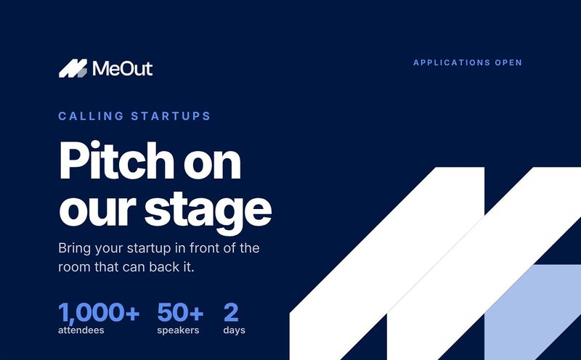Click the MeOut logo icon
pyautogui.click(x=73, y=68)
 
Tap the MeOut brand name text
pyautogui.click(x=123, y=68)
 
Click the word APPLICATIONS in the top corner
pyautogui.click(x=452, y=62)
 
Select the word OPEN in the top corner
pyautogui.click(x=508, y=62)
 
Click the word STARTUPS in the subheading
pyautogui.click(x=171, y=116)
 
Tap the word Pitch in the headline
pyautogui.click(x=116, y=160)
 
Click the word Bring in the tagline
pyautogui.click(x=74, y=248)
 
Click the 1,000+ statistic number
pyautogui.click(x=99, y=313)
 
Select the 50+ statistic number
pyautogui.click(x=180, y=312)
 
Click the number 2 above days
pyautogui.click(x=231, y=312)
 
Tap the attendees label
pyautogui.click(x=81, y=330)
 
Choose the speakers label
pyautogui.click(x=178, y=330)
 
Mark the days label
pyautogui.click(x=234, y=330)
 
